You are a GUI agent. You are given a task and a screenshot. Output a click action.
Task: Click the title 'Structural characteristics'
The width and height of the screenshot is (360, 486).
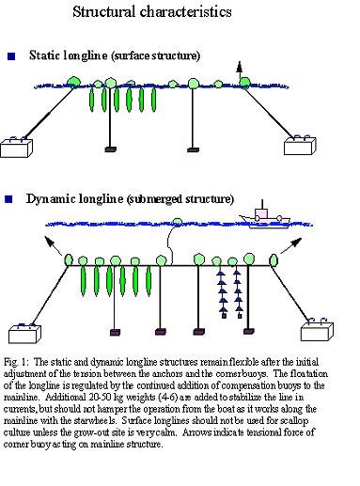pos(152,12)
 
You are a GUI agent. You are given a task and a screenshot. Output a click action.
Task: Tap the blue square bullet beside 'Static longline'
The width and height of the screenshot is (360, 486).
pos(11,56)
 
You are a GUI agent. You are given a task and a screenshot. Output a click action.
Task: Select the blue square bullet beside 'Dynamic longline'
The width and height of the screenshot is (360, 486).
pos(8,199)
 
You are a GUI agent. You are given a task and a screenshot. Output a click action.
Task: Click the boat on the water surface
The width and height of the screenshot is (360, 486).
pos(265,217)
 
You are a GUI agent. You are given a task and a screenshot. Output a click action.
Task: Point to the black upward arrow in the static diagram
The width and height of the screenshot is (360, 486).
pos(240,70)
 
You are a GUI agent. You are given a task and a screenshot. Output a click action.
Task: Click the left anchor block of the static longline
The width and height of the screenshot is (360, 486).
pos(16,148)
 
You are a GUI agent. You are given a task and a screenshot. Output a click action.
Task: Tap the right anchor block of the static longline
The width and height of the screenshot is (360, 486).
pos(300,146)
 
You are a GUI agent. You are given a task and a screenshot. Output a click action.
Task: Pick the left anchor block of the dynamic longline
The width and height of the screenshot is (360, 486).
pos(24,334)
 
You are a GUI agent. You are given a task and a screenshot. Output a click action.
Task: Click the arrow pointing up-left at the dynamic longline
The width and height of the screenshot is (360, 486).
pos(53,245)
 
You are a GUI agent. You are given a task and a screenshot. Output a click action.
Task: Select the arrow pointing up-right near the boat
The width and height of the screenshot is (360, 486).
pos(291,245)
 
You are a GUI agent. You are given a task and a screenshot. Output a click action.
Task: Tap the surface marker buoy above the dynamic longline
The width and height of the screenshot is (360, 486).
pos(178,222)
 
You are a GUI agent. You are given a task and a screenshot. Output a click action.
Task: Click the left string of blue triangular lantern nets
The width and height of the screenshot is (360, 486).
pos(223,294)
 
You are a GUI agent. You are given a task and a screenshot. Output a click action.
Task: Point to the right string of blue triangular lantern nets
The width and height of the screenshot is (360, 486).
pos(238,294)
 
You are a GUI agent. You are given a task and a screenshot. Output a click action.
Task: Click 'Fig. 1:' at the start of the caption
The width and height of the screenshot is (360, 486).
pos(16,363)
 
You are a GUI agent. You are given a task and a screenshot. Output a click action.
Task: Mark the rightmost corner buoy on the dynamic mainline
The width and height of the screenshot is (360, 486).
pos(274,259)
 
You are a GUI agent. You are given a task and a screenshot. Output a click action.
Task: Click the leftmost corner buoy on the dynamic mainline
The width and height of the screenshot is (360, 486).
pos(69,259)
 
